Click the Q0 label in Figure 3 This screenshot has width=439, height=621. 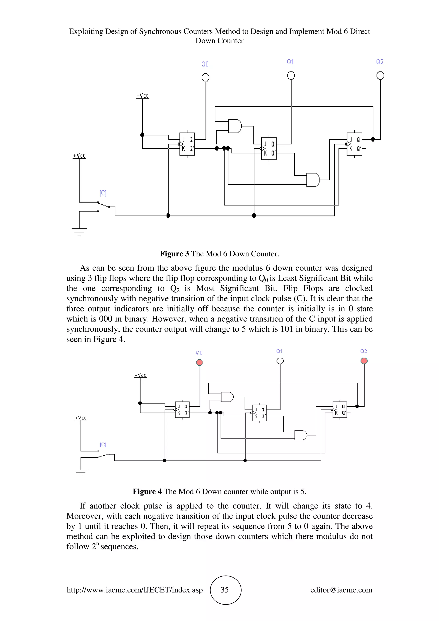pyautogui.click(x=205, y=64)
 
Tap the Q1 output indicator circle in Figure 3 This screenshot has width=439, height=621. pyautogui.click(x=291, y=75)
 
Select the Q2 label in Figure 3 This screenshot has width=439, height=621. pyautogui.click(x=380, y=62)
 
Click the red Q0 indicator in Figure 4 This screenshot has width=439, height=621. pyautogui.click(x=199, y=362)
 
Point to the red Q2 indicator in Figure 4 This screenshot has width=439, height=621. pyautogui.click(x=364, y=361)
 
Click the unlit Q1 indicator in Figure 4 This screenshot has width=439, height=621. pyautogui.click(x=280, y=361)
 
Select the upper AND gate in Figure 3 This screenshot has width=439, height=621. pyautogui.click(x=235, y=126)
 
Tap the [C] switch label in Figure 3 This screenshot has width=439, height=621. pyautogui.click(x=103, y=193)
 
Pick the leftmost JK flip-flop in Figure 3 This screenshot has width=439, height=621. pyautogui.click(x=187, y=144)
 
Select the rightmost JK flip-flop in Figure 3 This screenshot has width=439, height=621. pyautogui.click(x=354, y=144)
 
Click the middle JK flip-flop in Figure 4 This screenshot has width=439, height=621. pyautogui.click(x=259, y=413)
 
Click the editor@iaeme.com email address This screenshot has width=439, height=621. pyautogui.click(x=341, y=590)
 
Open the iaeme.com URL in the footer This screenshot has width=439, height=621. pyautogui.click(x=135, y=590)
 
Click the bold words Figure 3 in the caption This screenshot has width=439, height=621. pyautogui.click(x=174, y=254)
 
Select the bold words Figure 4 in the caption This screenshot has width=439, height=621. pyautogui.click(x=147, y=491)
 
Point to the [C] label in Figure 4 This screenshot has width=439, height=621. pyautogui.click(x=103, y=445)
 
